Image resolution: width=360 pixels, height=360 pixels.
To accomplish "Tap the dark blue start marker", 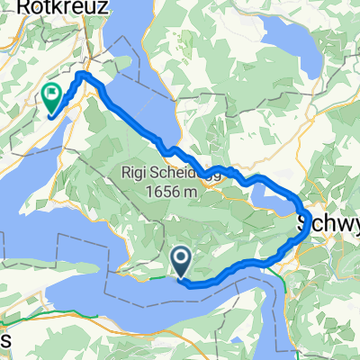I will pos(181,263).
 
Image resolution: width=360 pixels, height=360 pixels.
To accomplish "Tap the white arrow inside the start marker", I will pos(181,261).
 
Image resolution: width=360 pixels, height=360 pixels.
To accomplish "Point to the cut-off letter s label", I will pos(4,340).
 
